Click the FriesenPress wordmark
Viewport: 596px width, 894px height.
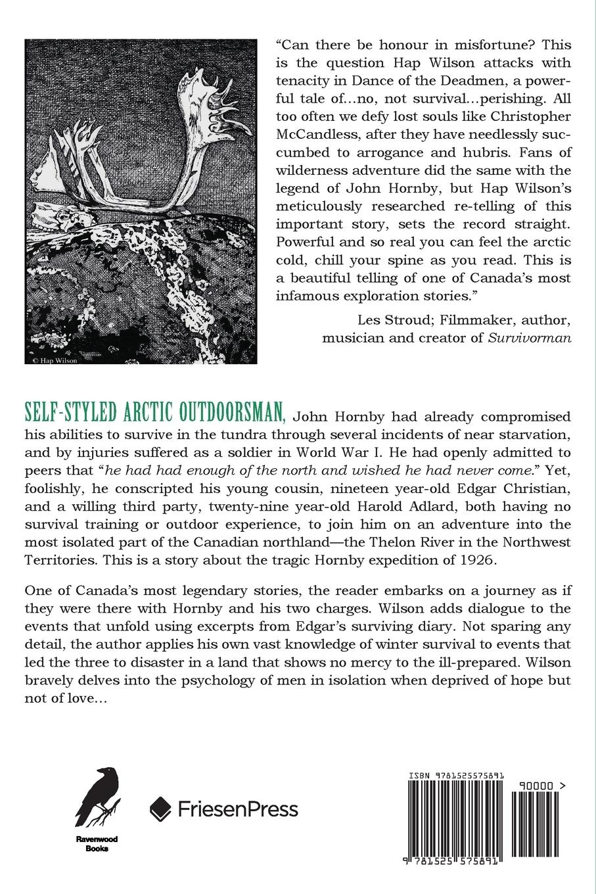tap(238, 808)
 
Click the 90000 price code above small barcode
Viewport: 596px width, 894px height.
tap(539, 785)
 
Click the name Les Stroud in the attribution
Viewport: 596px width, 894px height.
tap(389, 320)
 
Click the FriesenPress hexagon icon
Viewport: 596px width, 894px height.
tap(161, 808)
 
